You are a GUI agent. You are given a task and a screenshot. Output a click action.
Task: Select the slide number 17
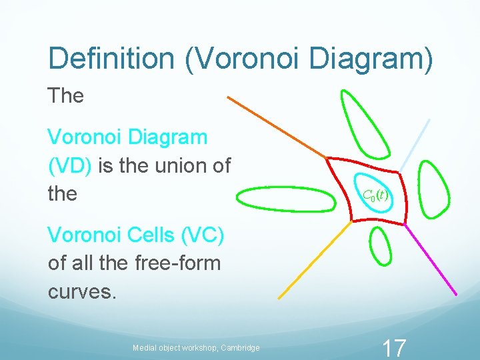point(393,347)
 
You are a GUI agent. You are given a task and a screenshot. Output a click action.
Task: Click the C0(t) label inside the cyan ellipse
point(375,195)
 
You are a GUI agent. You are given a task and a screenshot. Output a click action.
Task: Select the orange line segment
point(277,127)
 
